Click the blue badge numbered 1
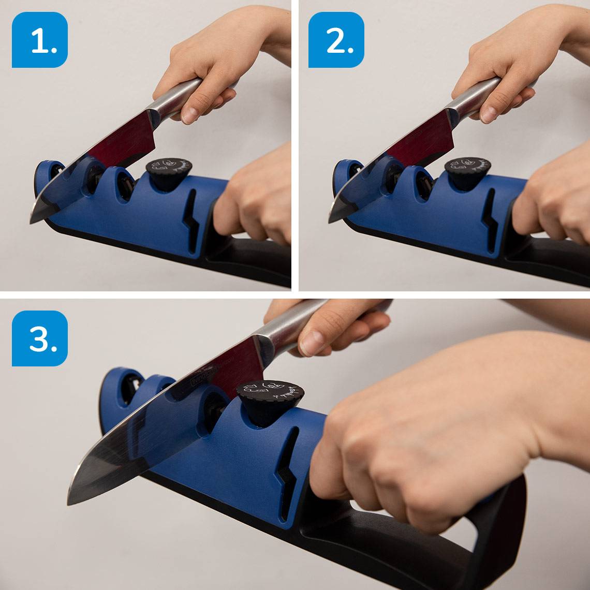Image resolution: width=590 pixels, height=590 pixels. (x=40, y=40)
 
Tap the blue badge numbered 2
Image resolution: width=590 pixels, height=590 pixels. (x=336, y=40)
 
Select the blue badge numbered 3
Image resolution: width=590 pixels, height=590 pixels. (x=40, y=338)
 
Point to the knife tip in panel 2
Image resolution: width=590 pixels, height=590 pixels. (x=329, y=222)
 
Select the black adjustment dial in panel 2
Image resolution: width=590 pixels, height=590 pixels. (x=467, y=169)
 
